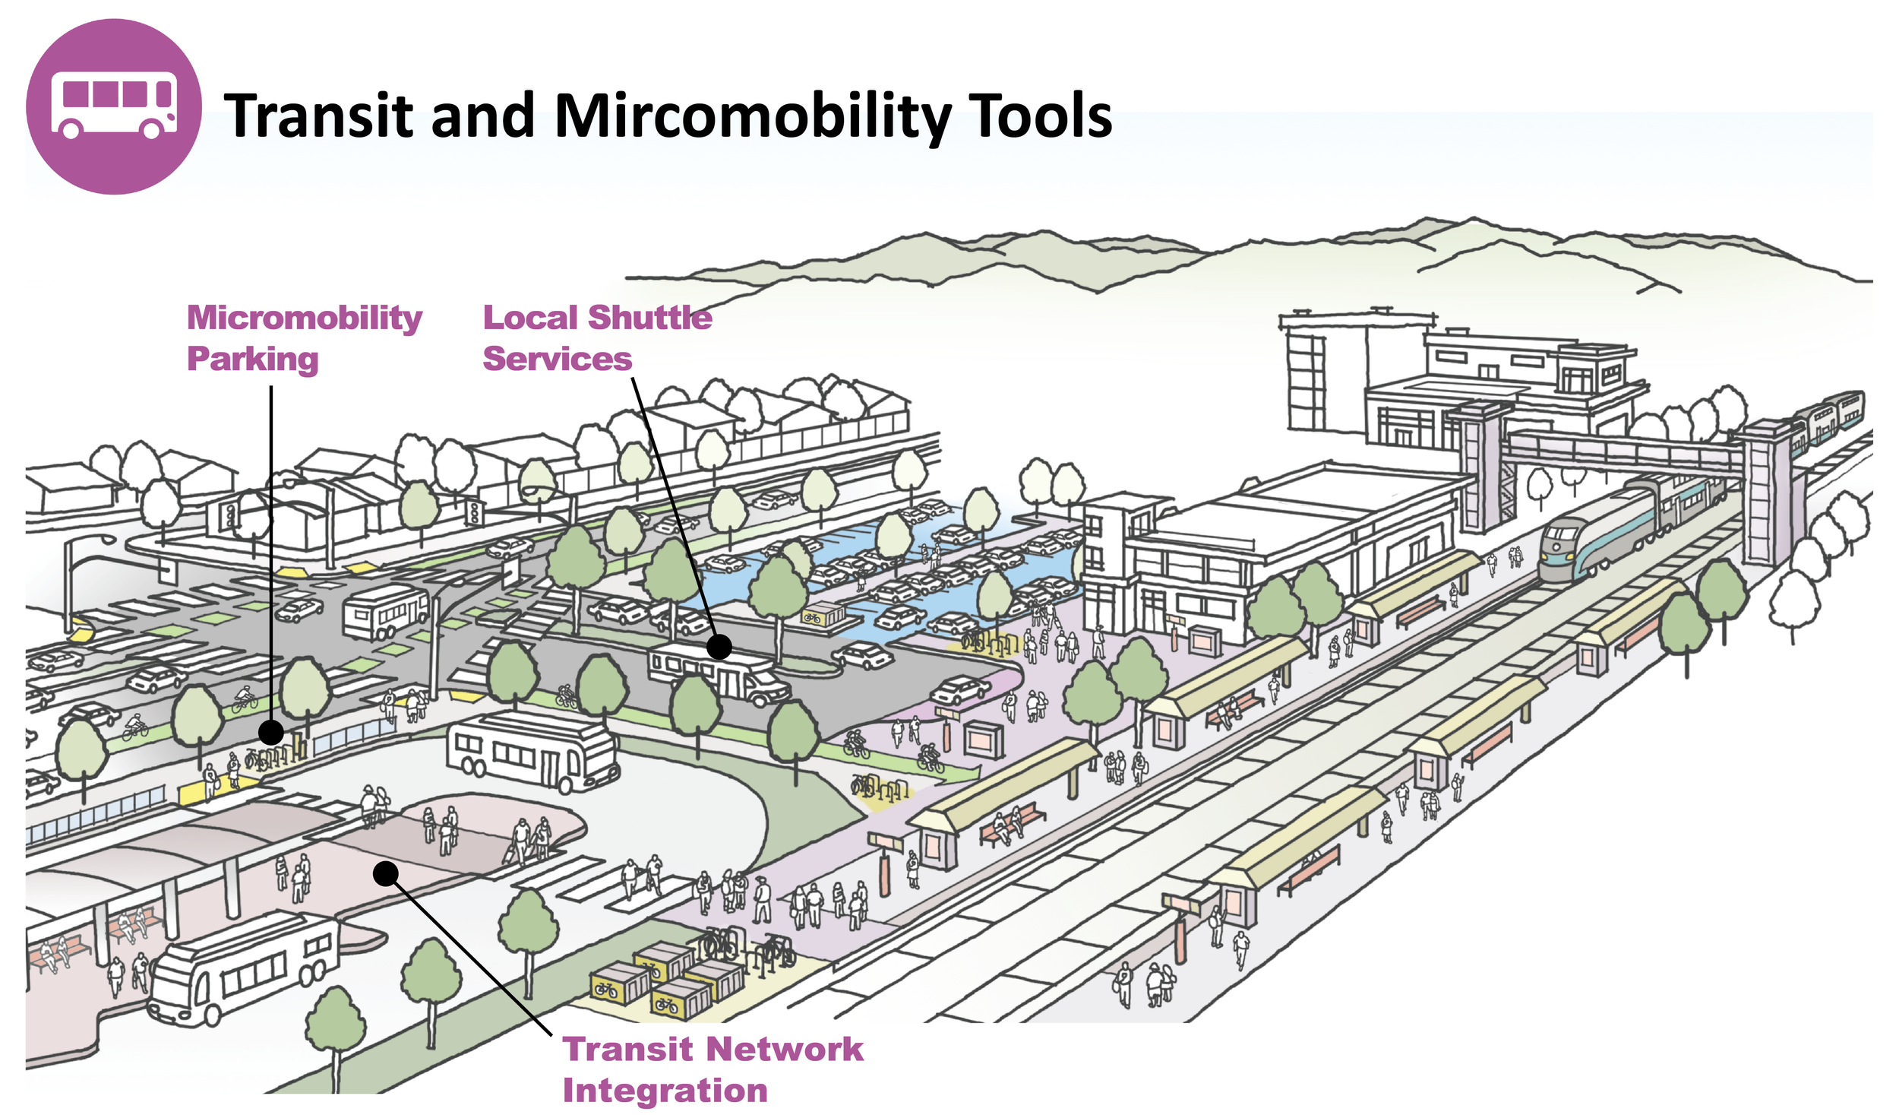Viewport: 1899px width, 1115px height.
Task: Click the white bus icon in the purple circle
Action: (114, 106)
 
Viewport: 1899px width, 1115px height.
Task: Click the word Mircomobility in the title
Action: (752, 116)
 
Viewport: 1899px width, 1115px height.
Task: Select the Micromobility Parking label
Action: (304, 337)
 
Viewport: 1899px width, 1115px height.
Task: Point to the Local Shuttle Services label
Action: (597, 337)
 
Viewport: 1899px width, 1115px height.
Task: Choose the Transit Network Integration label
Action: (713, 1069)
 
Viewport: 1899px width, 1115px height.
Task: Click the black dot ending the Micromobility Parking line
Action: (271, 733)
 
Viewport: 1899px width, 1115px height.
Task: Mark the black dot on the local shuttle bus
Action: (719, 647)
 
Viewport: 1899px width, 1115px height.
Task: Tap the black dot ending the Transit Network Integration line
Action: (386, 873)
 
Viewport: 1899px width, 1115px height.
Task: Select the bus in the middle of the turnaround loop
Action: (532, 751)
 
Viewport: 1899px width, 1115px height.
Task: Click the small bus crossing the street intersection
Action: (386, 611)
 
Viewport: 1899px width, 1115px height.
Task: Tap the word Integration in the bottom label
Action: (665, 1091)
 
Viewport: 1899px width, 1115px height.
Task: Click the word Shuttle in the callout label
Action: (650, 318)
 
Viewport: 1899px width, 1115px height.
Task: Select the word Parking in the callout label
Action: (252, 359)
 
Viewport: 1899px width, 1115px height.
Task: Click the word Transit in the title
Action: (319, 116)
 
